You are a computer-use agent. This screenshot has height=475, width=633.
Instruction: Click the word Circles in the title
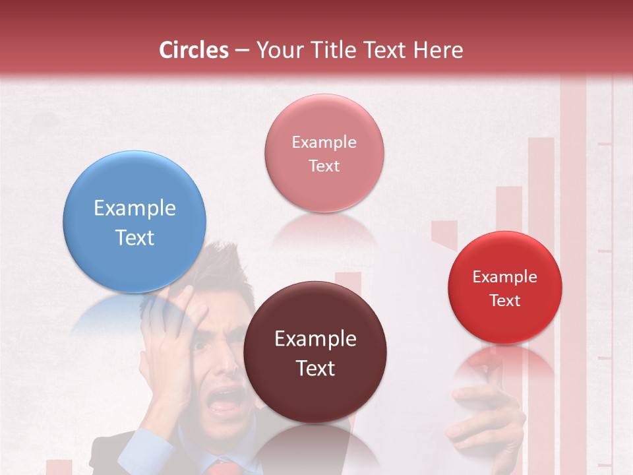click(193, 50)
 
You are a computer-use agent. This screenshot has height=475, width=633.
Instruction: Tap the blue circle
click(135, 222)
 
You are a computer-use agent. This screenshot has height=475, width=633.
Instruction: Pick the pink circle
click(324, 153)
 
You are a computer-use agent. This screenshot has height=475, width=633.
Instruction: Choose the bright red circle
click(505, 288)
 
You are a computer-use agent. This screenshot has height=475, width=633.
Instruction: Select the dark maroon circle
click(315, 352)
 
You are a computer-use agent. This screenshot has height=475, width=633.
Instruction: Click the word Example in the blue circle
click(135, 208)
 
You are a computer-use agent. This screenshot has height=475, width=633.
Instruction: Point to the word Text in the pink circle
click(324, 166)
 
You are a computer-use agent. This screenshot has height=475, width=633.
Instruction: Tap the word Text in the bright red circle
click(505, 301)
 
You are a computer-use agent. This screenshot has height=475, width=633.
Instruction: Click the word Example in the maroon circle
click(315, 339)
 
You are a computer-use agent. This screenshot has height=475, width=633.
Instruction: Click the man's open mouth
click(225, 400)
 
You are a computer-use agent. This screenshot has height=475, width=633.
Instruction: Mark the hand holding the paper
click(481, 416)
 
